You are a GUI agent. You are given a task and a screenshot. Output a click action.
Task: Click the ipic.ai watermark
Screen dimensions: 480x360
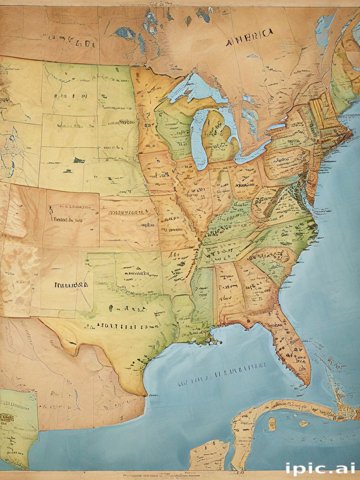click(x=320, y=468)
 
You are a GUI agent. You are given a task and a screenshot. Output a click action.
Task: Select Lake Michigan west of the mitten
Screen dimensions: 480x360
click(x=197, y=136)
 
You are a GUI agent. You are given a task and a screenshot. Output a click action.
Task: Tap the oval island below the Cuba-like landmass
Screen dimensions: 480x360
click(x=272, y=424)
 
